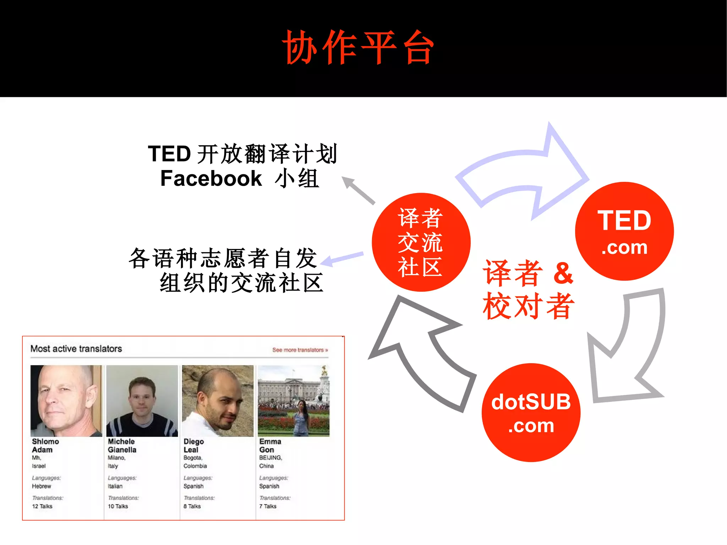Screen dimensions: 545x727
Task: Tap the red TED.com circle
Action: (624, 231)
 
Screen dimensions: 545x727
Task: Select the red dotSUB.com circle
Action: (531, 413)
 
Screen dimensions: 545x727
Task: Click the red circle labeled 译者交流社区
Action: (421, 242)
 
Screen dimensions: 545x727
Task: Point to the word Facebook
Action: (211, 178)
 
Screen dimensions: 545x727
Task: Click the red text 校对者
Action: (528, 306)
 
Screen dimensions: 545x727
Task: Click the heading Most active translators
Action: (76, 349)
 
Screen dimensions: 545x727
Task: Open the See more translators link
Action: (300, 350)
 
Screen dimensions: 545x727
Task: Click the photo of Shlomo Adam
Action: (66, 401)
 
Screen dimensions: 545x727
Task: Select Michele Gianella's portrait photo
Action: (142, 401)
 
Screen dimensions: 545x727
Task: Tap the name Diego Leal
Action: (193, 446)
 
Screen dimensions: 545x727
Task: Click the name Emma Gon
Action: (270, 446)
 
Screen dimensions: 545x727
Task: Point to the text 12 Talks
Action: (42, 506)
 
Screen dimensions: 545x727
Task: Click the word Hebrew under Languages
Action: (42, 486)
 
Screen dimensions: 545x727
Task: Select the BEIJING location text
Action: (270, 458)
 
